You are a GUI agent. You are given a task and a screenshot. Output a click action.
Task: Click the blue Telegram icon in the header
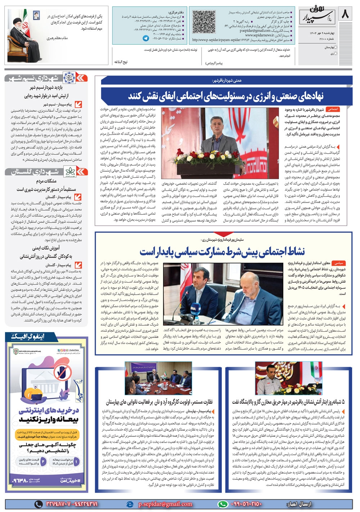[x=146, y=38]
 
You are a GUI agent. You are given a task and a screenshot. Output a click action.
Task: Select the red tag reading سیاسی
[x=339, y=263]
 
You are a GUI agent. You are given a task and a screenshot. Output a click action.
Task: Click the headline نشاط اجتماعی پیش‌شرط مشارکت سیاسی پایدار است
[x=222, y=251]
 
